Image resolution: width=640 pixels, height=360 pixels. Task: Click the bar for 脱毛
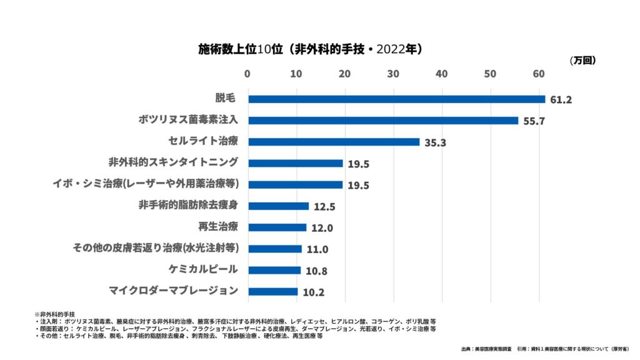[396, 99]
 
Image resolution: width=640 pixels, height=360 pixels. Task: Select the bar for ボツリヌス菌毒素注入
[383, 121]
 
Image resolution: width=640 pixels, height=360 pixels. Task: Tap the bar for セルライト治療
[334, 142]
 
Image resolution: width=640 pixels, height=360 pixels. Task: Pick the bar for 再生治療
[277, 227]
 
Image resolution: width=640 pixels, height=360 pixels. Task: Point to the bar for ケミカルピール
[274, 270]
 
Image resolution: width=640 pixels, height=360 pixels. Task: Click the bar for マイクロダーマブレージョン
[273, 291]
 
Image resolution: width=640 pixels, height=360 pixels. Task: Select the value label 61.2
[561, 100]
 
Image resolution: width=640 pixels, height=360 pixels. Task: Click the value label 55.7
[534, 121]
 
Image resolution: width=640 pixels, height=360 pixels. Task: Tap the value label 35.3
[434, 142]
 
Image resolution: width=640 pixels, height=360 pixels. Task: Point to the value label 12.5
[324, 207]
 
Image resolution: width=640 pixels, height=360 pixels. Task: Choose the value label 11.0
[317, 249]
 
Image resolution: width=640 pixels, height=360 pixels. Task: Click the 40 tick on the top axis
[442, 74]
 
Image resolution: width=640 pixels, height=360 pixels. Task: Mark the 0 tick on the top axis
[248, 74]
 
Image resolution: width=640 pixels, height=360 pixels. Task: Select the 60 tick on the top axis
[539, 74]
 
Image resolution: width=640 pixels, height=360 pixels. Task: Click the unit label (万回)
[582, 61]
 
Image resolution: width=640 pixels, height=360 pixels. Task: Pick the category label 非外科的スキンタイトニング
[173, 162]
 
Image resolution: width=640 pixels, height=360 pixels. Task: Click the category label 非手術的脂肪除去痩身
[188, 205]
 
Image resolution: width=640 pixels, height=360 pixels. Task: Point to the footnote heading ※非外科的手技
[54, 313]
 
